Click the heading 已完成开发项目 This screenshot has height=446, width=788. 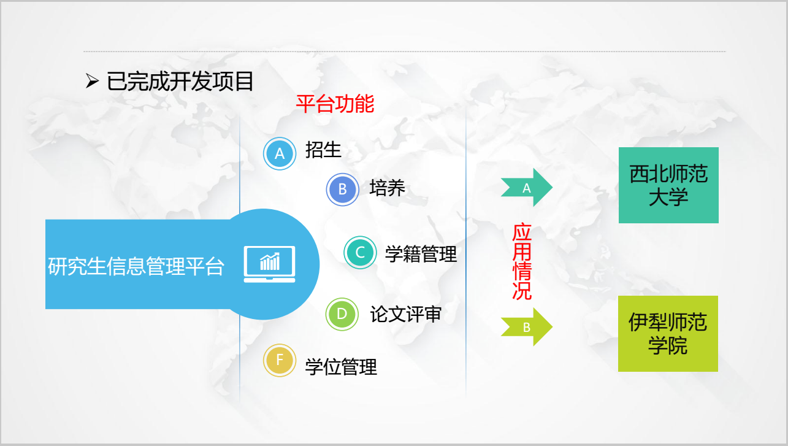pyautogui.click(x=180, y=82)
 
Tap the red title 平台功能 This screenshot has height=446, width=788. pyautogui.click(x=335, y=104)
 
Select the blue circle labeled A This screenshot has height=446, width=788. pyautogui.click(x=280, y=153)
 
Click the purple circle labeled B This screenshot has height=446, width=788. pyautogui.click(x=342, y=190)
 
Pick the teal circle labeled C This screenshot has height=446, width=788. pyautogui.click(x=360, y=252)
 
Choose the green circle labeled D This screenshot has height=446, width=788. pyautogui.click(x=342, y=314)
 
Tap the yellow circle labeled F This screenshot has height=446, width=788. pyautogui.click(x=280, y=360)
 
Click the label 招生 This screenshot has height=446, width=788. pyautogui.click(x=323, y=150)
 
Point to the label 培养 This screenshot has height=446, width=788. pyautogui.click(x=388, y=188)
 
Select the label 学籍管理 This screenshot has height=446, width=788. pyautogui.click(x=421, y=254)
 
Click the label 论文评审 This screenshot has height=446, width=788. pyautogui.click(x=405, y=314)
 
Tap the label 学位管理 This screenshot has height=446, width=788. pyautogui.click(x=341, y=367)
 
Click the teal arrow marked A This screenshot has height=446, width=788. pyautogui.click(x=527, y=187)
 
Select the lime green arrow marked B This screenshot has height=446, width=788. pyautogui.click(x=527, y=326)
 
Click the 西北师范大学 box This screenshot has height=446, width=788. pyautogui.click(x=668, y=185)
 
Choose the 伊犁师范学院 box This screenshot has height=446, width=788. pyautogui.click(x=668, y=334)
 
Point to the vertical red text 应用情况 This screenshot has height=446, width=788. pyautogui.click(x=522, y=261)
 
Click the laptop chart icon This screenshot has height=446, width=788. pyautogui.click(x=269, y=264)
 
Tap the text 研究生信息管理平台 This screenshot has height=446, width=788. pyautogui.click(x=136, y=266)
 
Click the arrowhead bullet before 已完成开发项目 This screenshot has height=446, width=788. pyautogui.click(x=92, y=82)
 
